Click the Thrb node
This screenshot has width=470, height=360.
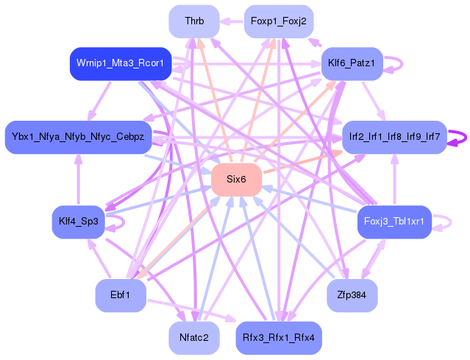pos(194,21)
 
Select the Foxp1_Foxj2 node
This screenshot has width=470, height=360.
pos(278,21)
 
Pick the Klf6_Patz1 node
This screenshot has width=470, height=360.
pos(352,64)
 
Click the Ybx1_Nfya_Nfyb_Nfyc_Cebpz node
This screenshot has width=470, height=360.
pos(78,137)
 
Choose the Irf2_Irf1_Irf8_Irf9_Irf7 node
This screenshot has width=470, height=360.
pos(394,137)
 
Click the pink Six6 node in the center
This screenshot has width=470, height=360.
pos(236,180)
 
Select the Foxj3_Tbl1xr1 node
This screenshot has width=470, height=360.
pos(394,222)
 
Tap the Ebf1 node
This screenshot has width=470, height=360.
pos(120,294)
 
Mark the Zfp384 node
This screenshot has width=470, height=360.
pos(352,294)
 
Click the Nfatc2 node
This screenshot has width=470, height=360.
pos(194,337)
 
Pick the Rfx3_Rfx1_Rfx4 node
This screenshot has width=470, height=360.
pos(278,337)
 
